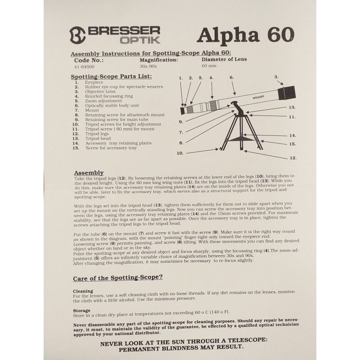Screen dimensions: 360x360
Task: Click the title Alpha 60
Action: pyautogui.click(x=246, y=34)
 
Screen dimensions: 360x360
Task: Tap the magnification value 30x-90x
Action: pyautogui.click(x=149, y=66)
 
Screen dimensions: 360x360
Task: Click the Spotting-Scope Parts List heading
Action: pyautogui.click(x=112, y=76)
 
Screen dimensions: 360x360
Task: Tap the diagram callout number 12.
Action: pyautogui.click(x=292, y=158)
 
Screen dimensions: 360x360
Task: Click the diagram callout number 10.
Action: pyautogui.click(x=180, y=153)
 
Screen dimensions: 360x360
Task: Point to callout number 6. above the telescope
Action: pyautogui.click(x=232, y=77)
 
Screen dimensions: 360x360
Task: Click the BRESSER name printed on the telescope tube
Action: pyautogui.click(x=258, y=97)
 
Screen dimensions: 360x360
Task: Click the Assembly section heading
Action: pyautogui.click(x=89, y=173)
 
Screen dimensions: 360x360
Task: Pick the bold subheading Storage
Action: pyautogui.click(x=82, y=310)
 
